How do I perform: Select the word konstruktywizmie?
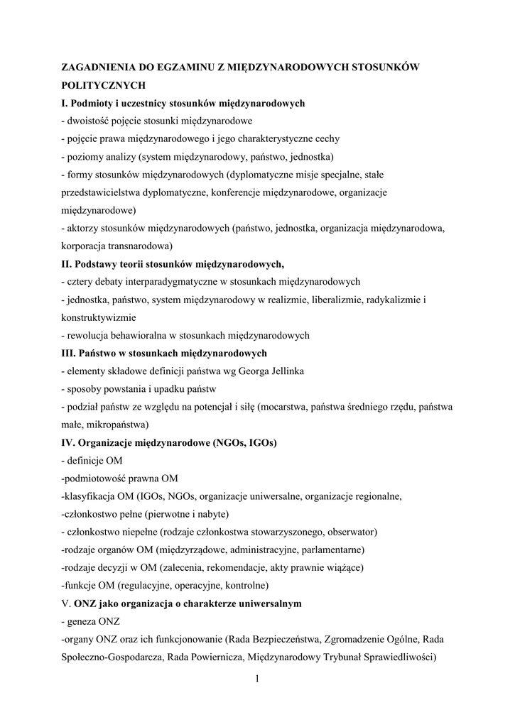click(99, 317)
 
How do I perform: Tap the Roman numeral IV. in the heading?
click(70, 442)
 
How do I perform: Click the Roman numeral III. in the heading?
click(72, 353)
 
